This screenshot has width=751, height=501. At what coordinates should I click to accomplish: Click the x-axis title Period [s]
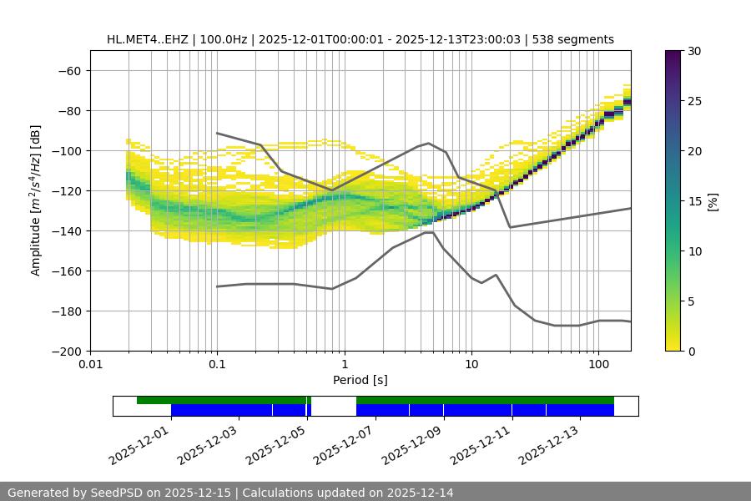360,380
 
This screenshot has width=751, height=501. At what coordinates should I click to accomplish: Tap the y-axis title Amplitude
36,200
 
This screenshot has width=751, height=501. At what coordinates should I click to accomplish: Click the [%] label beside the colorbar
713,201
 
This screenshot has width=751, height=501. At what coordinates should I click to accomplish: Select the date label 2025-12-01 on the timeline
139,443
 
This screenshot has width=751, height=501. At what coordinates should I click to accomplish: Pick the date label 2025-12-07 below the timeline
344,443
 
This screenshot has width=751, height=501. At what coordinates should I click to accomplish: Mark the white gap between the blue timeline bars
334,410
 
